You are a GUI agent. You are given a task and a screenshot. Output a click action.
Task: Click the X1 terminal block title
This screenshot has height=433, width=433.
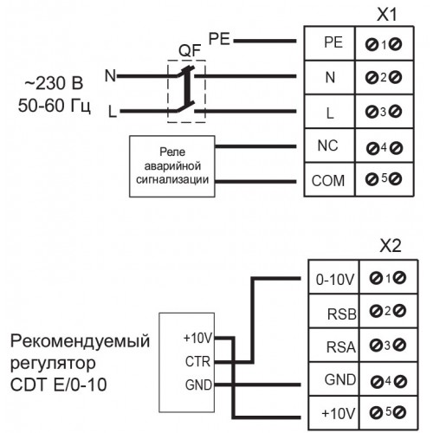tap(387, 15)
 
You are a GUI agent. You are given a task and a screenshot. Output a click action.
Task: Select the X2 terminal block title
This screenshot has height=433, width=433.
tap(391, 246)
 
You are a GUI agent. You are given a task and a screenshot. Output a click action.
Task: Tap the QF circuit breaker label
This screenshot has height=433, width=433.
tap(190, 51)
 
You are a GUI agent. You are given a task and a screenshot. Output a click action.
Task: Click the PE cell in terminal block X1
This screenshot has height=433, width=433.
tap(329, 43)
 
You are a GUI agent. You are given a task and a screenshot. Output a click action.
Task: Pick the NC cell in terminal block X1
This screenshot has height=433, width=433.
tap(329, 145)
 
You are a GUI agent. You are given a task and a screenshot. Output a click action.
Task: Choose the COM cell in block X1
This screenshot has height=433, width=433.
tap(329, 179)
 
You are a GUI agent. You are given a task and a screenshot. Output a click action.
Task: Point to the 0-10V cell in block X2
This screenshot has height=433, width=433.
tap(333, 277)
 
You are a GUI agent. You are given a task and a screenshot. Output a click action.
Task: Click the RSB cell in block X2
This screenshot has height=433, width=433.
tap(333, 311)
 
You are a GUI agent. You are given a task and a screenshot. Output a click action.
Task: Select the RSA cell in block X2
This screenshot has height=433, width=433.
tap(333, 345)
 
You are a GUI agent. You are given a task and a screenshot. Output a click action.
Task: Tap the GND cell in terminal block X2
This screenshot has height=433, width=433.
tap(333, 379)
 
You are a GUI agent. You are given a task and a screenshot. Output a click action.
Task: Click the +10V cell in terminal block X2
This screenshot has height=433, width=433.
tap(333, 413)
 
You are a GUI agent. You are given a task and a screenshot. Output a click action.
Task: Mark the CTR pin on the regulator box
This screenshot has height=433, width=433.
tap(197, 361)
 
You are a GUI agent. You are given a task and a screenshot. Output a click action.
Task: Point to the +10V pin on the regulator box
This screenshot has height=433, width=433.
tap(198, 338)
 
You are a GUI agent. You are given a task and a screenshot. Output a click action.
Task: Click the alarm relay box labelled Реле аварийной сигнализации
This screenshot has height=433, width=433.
tap(172, 166)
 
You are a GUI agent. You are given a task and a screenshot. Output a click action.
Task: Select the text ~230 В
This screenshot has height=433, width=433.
tap(54, 83)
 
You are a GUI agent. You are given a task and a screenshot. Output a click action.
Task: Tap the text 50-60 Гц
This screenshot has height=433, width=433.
tap(55, 107)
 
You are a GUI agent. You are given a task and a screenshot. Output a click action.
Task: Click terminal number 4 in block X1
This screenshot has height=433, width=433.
tap(384, 147)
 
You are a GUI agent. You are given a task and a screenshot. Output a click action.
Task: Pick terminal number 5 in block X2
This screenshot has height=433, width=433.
tap(388, 411)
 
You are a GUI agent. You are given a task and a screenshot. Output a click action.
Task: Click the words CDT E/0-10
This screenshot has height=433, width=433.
tap(59, 385)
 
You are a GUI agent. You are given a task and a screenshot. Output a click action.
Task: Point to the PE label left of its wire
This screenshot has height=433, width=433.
tap(219, 39)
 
